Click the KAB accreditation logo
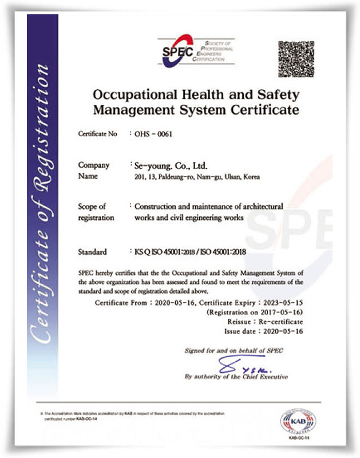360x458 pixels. [296, 421]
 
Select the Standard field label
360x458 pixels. [91, 251]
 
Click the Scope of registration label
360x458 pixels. [96, 212]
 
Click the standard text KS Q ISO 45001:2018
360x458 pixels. [167, 251]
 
